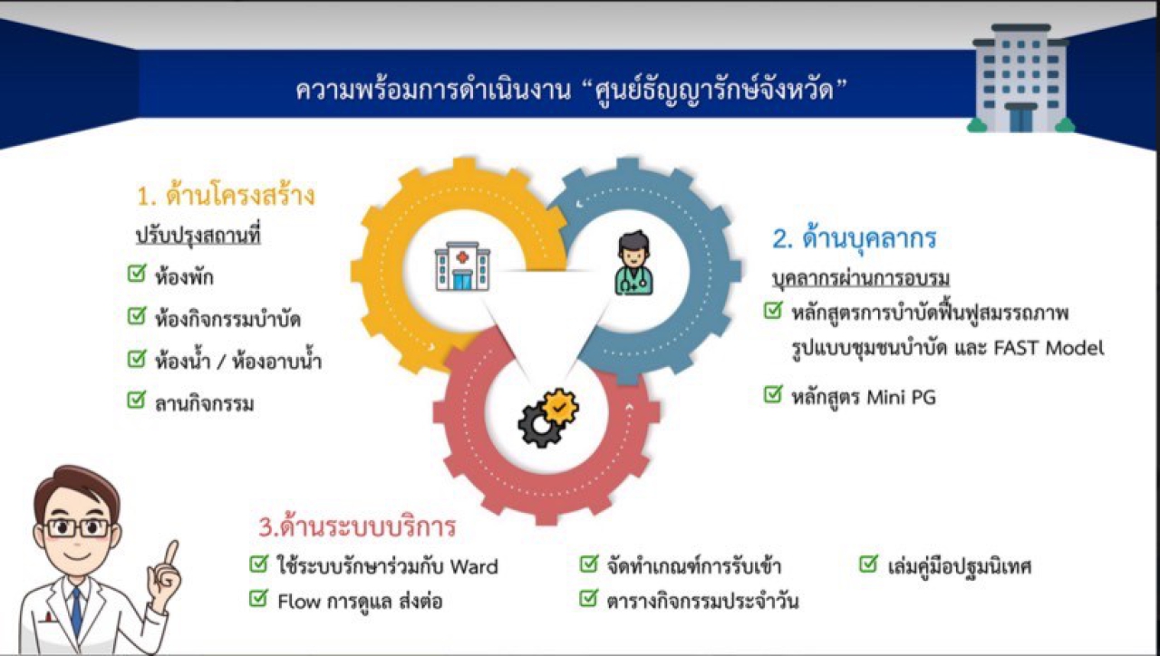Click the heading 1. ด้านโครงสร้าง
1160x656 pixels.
coord(226,196)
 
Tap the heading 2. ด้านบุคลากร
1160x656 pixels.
coord(855,238)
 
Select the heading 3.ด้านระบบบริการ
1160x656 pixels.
coord(357,526)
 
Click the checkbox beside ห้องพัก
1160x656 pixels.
coord(137,273)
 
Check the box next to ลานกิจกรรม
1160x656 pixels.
coord(137,400)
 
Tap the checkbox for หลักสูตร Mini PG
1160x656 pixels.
coord(773,394)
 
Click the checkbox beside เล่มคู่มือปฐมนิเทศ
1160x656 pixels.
coord(868,564)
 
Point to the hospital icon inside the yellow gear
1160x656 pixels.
coord(462,266)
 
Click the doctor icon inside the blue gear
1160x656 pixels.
coord(633,264)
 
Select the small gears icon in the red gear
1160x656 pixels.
coord(548,418)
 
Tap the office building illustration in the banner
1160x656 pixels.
coord(1020,78)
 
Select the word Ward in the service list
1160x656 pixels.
coord(474,566)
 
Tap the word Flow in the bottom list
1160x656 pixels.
coord(299,602)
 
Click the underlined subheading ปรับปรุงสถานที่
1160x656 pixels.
coord(198,236)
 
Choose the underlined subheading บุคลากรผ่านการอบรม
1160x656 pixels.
coord(861,278)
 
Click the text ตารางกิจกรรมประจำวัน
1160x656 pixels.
coord(702,601)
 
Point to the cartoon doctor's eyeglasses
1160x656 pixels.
coord(78,528)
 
